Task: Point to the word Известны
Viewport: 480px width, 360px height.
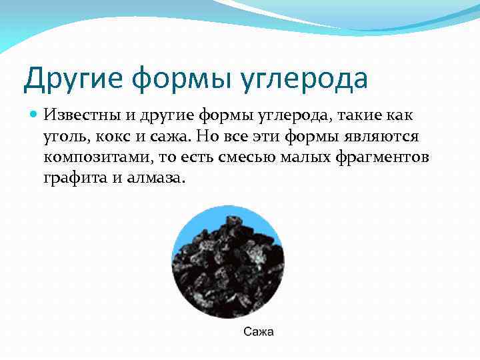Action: click(x=80, y=116)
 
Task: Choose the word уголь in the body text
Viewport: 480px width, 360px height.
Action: click(x=64, y=137)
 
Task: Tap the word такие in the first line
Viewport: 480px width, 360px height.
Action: click(x=351, y=116)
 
